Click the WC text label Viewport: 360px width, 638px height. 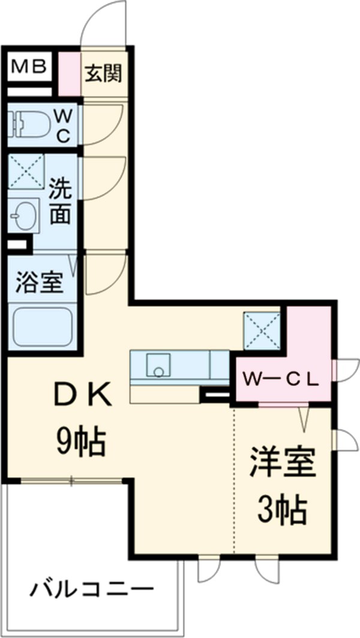(x=64, y=125)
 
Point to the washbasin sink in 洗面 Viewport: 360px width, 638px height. (x=25, y=215)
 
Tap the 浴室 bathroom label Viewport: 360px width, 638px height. (x=40, y=282)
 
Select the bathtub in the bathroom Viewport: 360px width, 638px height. (x=42, y=327)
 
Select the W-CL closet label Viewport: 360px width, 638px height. (x=279, y=379)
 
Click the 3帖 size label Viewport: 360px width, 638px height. (x=283, y=510)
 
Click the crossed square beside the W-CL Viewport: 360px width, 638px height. (x=261, y=331)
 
